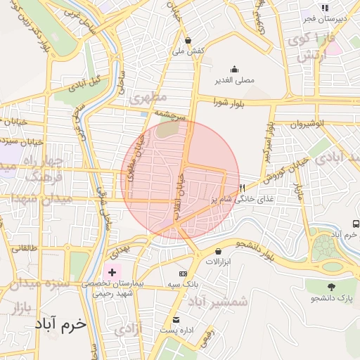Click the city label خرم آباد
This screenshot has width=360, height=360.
tap(59, 324)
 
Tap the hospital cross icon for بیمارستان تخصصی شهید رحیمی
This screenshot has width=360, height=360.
tap(112, 271)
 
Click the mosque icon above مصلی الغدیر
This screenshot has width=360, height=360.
tap(234, 70)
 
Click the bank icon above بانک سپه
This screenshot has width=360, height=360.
tap(184, 273)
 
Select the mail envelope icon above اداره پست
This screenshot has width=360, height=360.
tap(176, 319)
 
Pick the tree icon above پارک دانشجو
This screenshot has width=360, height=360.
tap(330, 287)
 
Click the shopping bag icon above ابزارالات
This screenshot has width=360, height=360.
tap(219, 251)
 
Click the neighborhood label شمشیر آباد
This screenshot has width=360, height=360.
tap(219, 302)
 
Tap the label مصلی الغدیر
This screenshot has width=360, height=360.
tap(234, 80)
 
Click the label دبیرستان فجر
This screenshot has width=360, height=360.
tap(323, 19)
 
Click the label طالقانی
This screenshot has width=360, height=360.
tap(23, 247)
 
